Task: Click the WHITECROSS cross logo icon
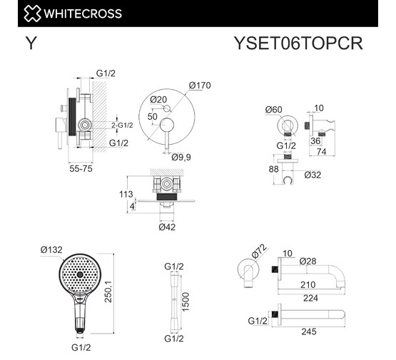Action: [32, 14]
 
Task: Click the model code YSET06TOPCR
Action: [298, 43]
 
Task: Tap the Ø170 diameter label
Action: [200, 86]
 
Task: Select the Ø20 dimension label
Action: [158, 100]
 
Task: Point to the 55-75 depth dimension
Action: [81, 168]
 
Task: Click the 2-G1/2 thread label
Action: [122, 125]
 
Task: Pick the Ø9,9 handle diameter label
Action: [181, 157]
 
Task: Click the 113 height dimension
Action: [126, 194]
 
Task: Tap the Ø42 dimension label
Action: [167, 227]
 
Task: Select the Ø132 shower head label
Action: [51, 250]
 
